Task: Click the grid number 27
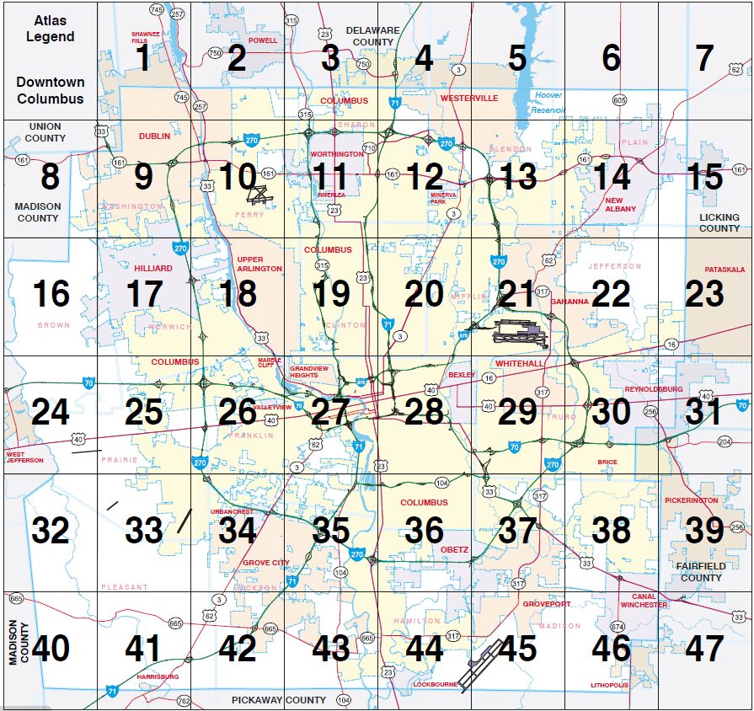click(330, 412)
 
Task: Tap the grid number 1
click(143, 58)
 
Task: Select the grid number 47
click(704, 649)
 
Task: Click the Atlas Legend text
click(50, 28)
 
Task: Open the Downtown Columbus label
click(50, 90)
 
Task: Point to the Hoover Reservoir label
click(548, 102)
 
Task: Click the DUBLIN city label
click(154, 136)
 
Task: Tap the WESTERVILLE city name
click(469, 99)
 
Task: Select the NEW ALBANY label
click(620, 204)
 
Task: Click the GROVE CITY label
click(265, 563)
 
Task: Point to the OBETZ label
click(454, 550)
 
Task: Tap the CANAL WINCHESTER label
click(644, 601)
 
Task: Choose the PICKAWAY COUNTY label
click(279, 700)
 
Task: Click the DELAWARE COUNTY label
click(373, 36)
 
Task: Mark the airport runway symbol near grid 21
click(520, 333)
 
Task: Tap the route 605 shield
click(620, 100)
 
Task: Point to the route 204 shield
click(725, 441)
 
